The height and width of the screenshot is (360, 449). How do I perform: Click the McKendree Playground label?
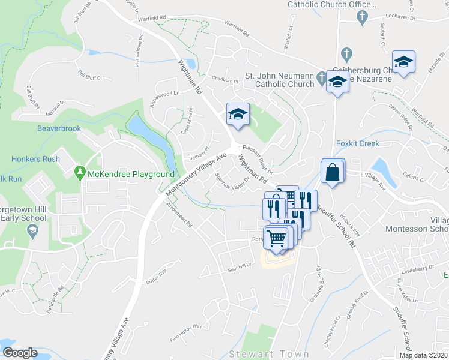click(x=131, y=174)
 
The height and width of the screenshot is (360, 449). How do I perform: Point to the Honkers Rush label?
click(x=35, y=159)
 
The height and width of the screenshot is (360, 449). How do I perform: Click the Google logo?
click(x=20, y=353)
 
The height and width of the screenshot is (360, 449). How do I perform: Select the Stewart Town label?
click(x=268, y=354)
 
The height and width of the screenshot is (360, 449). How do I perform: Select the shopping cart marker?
click(x=276, y=238)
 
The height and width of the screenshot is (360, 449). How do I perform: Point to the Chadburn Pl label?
click(x=226, y=79)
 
